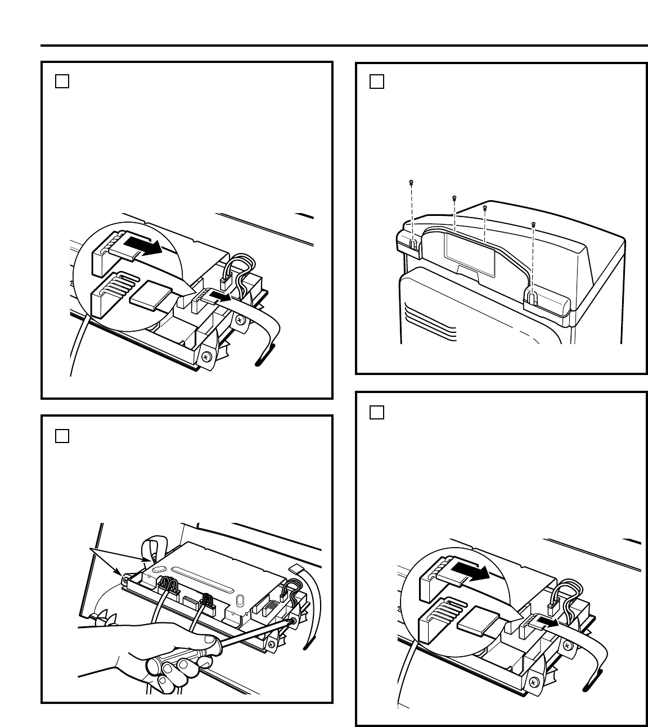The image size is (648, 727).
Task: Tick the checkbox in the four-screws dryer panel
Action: [377, 82]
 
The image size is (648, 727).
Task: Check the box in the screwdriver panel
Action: [62, 436]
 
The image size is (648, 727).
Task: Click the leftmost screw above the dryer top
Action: [411, 182]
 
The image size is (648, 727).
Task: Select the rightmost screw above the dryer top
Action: [533, 225]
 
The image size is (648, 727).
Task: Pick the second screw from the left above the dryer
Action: [454, 198]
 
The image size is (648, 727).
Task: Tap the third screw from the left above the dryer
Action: [485, 207]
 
